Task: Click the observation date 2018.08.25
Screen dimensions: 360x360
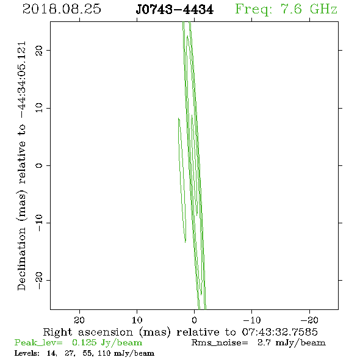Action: (62, 9)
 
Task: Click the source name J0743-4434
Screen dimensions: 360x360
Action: (175, 10)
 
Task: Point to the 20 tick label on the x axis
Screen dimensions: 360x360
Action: (79, 320)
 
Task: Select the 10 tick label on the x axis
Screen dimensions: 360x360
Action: (137, 320)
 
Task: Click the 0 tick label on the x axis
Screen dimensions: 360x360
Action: (195, 320)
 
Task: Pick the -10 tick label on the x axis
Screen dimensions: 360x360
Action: (252, 320)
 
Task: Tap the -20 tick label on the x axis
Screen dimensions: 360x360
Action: (310, 320)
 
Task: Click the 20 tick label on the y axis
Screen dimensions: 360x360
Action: (39, 50)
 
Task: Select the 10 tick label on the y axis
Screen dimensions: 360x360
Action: (39, 108)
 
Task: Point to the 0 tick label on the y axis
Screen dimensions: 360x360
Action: (39, 165)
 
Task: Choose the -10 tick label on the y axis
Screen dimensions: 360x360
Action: (39, 223)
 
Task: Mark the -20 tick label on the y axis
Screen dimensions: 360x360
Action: (39, 280)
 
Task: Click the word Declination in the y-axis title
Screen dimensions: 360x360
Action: (21, 259)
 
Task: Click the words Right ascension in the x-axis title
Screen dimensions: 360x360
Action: (88, 332)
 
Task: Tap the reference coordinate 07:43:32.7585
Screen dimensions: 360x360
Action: (280, 332)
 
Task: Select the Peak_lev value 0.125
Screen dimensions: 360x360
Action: (84, 342)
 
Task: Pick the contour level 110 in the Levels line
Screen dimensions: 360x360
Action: (104, 353)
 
